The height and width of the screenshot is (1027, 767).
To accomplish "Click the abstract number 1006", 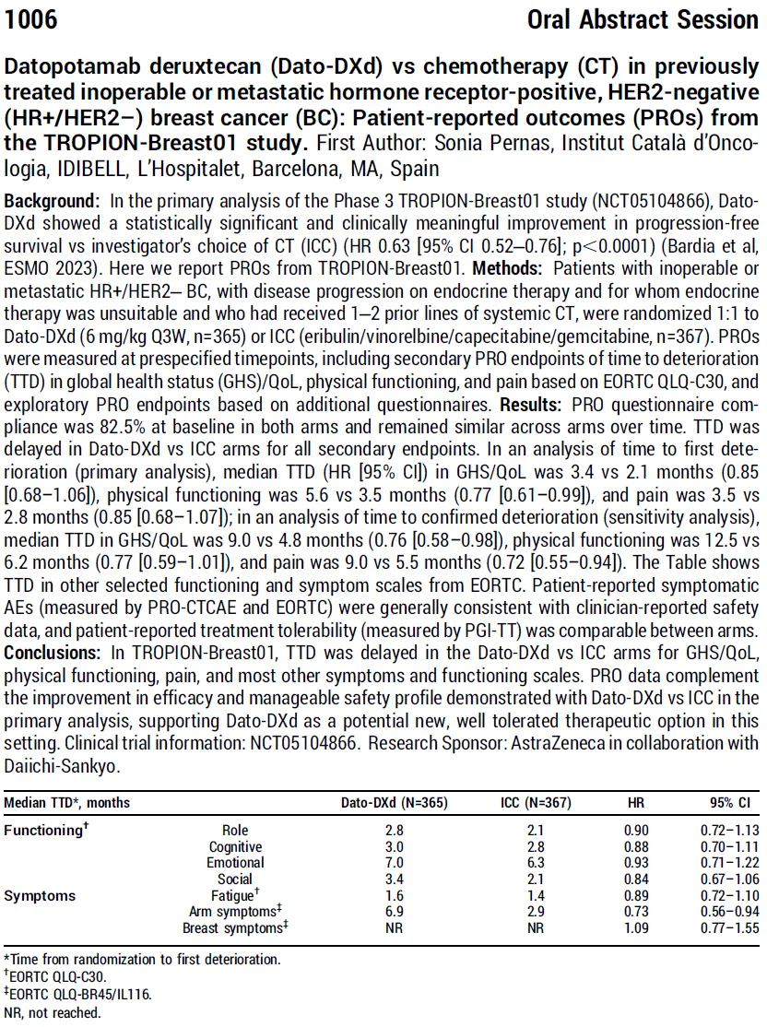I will (x=31, y=19).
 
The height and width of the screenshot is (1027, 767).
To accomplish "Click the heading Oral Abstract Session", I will (x=643, y=19).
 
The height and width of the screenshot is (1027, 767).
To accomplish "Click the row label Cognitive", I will (x=235, y=847).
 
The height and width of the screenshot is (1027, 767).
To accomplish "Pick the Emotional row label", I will (x=235, y=863).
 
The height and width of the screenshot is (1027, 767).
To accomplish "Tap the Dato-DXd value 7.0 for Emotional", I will (x=394, y=863).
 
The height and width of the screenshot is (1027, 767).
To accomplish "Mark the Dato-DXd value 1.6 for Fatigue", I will (x=394, y=895).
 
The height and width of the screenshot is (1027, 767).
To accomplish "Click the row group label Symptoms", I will (x=40, y=895).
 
